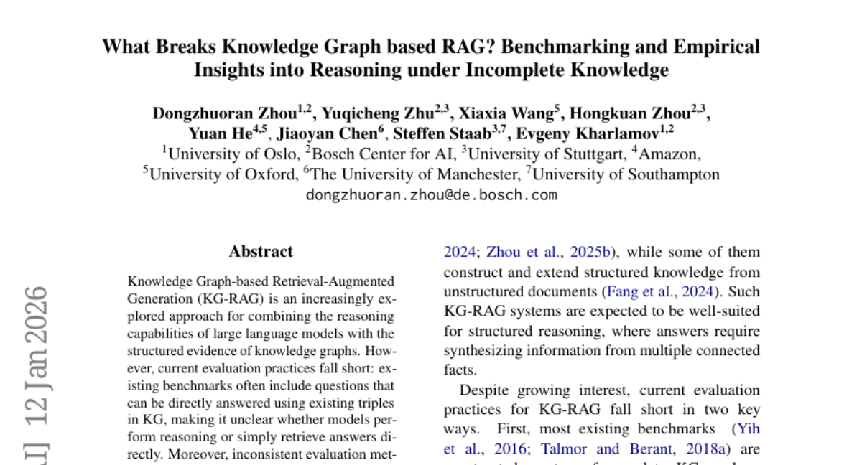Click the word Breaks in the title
182,47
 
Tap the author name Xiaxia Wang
509,113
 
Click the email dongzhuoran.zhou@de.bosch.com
431,194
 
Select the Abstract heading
261,252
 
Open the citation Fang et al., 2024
660,292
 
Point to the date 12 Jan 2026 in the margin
36,359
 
